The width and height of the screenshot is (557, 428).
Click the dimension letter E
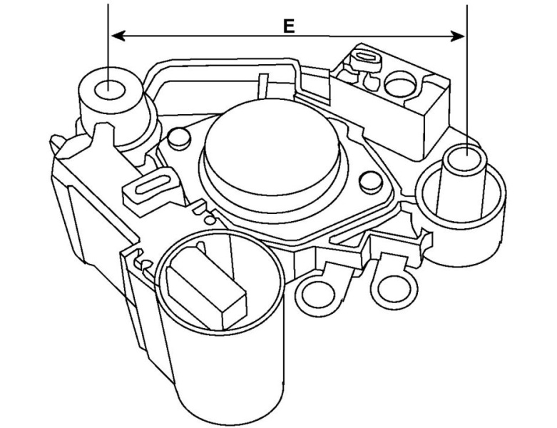coord(288,26)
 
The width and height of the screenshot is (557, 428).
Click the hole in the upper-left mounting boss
coord(108,90)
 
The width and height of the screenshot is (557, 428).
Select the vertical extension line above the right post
coord(466,71)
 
